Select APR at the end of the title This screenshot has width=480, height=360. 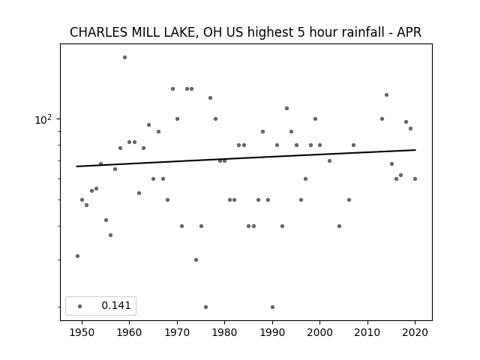click(x=409, y=32)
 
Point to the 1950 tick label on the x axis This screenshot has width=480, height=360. click(x=82, y=332)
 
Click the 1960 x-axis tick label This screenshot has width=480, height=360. click(x=129, y=332)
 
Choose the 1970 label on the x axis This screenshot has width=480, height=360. click(x=177, y=332)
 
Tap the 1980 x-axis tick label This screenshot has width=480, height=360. click(x=224, y=332)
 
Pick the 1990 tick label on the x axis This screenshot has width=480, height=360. click(x=272, y=332)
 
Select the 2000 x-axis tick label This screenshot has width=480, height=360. click(x=319, y=332)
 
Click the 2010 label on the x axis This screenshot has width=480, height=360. click(x=367, y=332)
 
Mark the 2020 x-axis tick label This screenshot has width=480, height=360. click(x=415, y=332)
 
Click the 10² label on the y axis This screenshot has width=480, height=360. click(x=43, y=119)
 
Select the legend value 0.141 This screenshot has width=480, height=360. click(x=116, y=305)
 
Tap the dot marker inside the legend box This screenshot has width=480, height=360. click(x=80, y=306)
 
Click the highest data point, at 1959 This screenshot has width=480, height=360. click(x=124, y=57)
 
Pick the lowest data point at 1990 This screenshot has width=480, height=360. click(x=272, y=307)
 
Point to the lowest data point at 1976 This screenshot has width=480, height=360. click(x=205, y=307)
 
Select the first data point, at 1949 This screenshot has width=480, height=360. click(x=77, y=256)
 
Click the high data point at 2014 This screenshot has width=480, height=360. click(x=386, y=95)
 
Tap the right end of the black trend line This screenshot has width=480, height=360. click(x=415, y=150)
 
